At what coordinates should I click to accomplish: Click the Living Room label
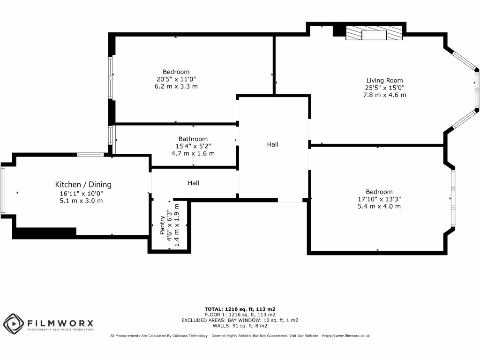click(384, 81)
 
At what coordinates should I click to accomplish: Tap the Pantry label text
click(162, 225)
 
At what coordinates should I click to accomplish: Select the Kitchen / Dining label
click(83, 185)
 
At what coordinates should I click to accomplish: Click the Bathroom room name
click(193, 139)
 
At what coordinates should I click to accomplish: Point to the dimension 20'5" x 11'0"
click(176, 79)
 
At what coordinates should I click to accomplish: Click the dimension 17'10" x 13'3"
click(379, 199)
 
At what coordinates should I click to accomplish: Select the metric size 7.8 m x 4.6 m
click(384, 95)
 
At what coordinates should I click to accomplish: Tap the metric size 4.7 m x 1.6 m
click(193, 153)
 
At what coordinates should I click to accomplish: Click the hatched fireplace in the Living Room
click(374, 34)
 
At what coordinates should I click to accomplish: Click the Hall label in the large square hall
click(272, 144)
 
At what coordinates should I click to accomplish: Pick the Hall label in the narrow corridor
click(194, 183)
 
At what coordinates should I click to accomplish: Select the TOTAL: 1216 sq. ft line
click(240, 309)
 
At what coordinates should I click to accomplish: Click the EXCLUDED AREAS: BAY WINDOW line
click(240, 320)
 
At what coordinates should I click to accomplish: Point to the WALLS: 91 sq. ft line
click(240, 326)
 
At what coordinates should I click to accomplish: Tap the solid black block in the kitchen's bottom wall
click(45, 232)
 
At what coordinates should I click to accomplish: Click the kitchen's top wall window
click(90, 155)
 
